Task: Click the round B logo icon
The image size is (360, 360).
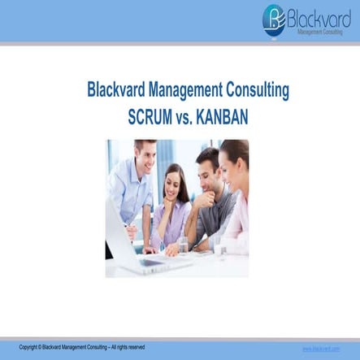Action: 274,19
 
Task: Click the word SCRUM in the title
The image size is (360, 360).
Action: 150,116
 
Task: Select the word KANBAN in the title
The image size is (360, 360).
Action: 220,116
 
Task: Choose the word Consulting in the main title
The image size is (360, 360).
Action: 258,90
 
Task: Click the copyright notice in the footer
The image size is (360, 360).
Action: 81,348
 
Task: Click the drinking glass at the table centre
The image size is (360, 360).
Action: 184,244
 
